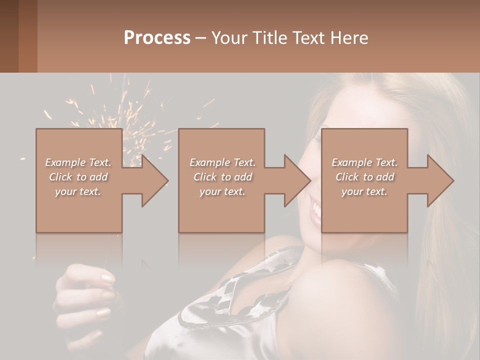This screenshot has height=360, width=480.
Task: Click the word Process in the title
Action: (x=157, y=38)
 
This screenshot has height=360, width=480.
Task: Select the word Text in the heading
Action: (x=309, y=38)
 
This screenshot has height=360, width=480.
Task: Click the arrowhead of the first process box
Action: (x=153, y=180)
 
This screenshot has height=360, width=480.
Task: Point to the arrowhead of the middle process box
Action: (x=296, y=180)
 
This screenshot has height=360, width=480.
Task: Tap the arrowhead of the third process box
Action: (x=439, y=180)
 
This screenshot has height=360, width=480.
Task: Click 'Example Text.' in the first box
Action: (x=78, y=162)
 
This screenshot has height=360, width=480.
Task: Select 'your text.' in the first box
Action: (x=78, y=191)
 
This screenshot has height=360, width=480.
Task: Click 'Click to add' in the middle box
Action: (x=222, y=177)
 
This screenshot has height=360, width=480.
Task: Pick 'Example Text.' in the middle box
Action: (x=222, y=162)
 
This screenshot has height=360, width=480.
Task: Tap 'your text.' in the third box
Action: (x=364, y=191)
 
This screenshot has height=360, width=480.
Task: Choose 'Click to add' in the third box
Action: (x=364, y=177)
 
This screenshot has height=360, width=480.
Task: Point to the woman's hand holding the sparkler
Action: (x=87, y=295)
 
